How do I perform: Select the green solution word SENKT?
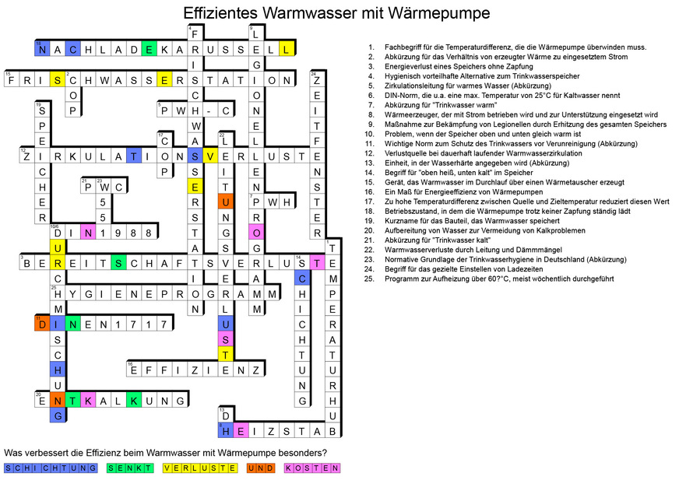click(x=129, y=468)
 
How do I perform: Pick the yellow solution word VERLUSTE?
click(x=200, y=468)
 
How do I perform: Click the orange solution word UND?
click(x=262, y=468)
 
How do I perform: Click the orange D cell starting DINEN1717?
click(x=41, y=324)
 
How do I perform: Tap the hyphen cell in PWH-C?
click(x=208, y=110)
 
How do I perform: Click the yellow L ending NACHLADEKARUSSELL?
click(x=287, y=49)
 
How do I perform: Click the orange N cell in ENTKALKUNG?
click(x=57, y=401)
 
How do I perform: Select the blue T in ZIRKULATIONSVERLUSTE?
click(x=134, y=156)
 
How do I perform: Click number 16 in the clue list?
click(x=371, y=191)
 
